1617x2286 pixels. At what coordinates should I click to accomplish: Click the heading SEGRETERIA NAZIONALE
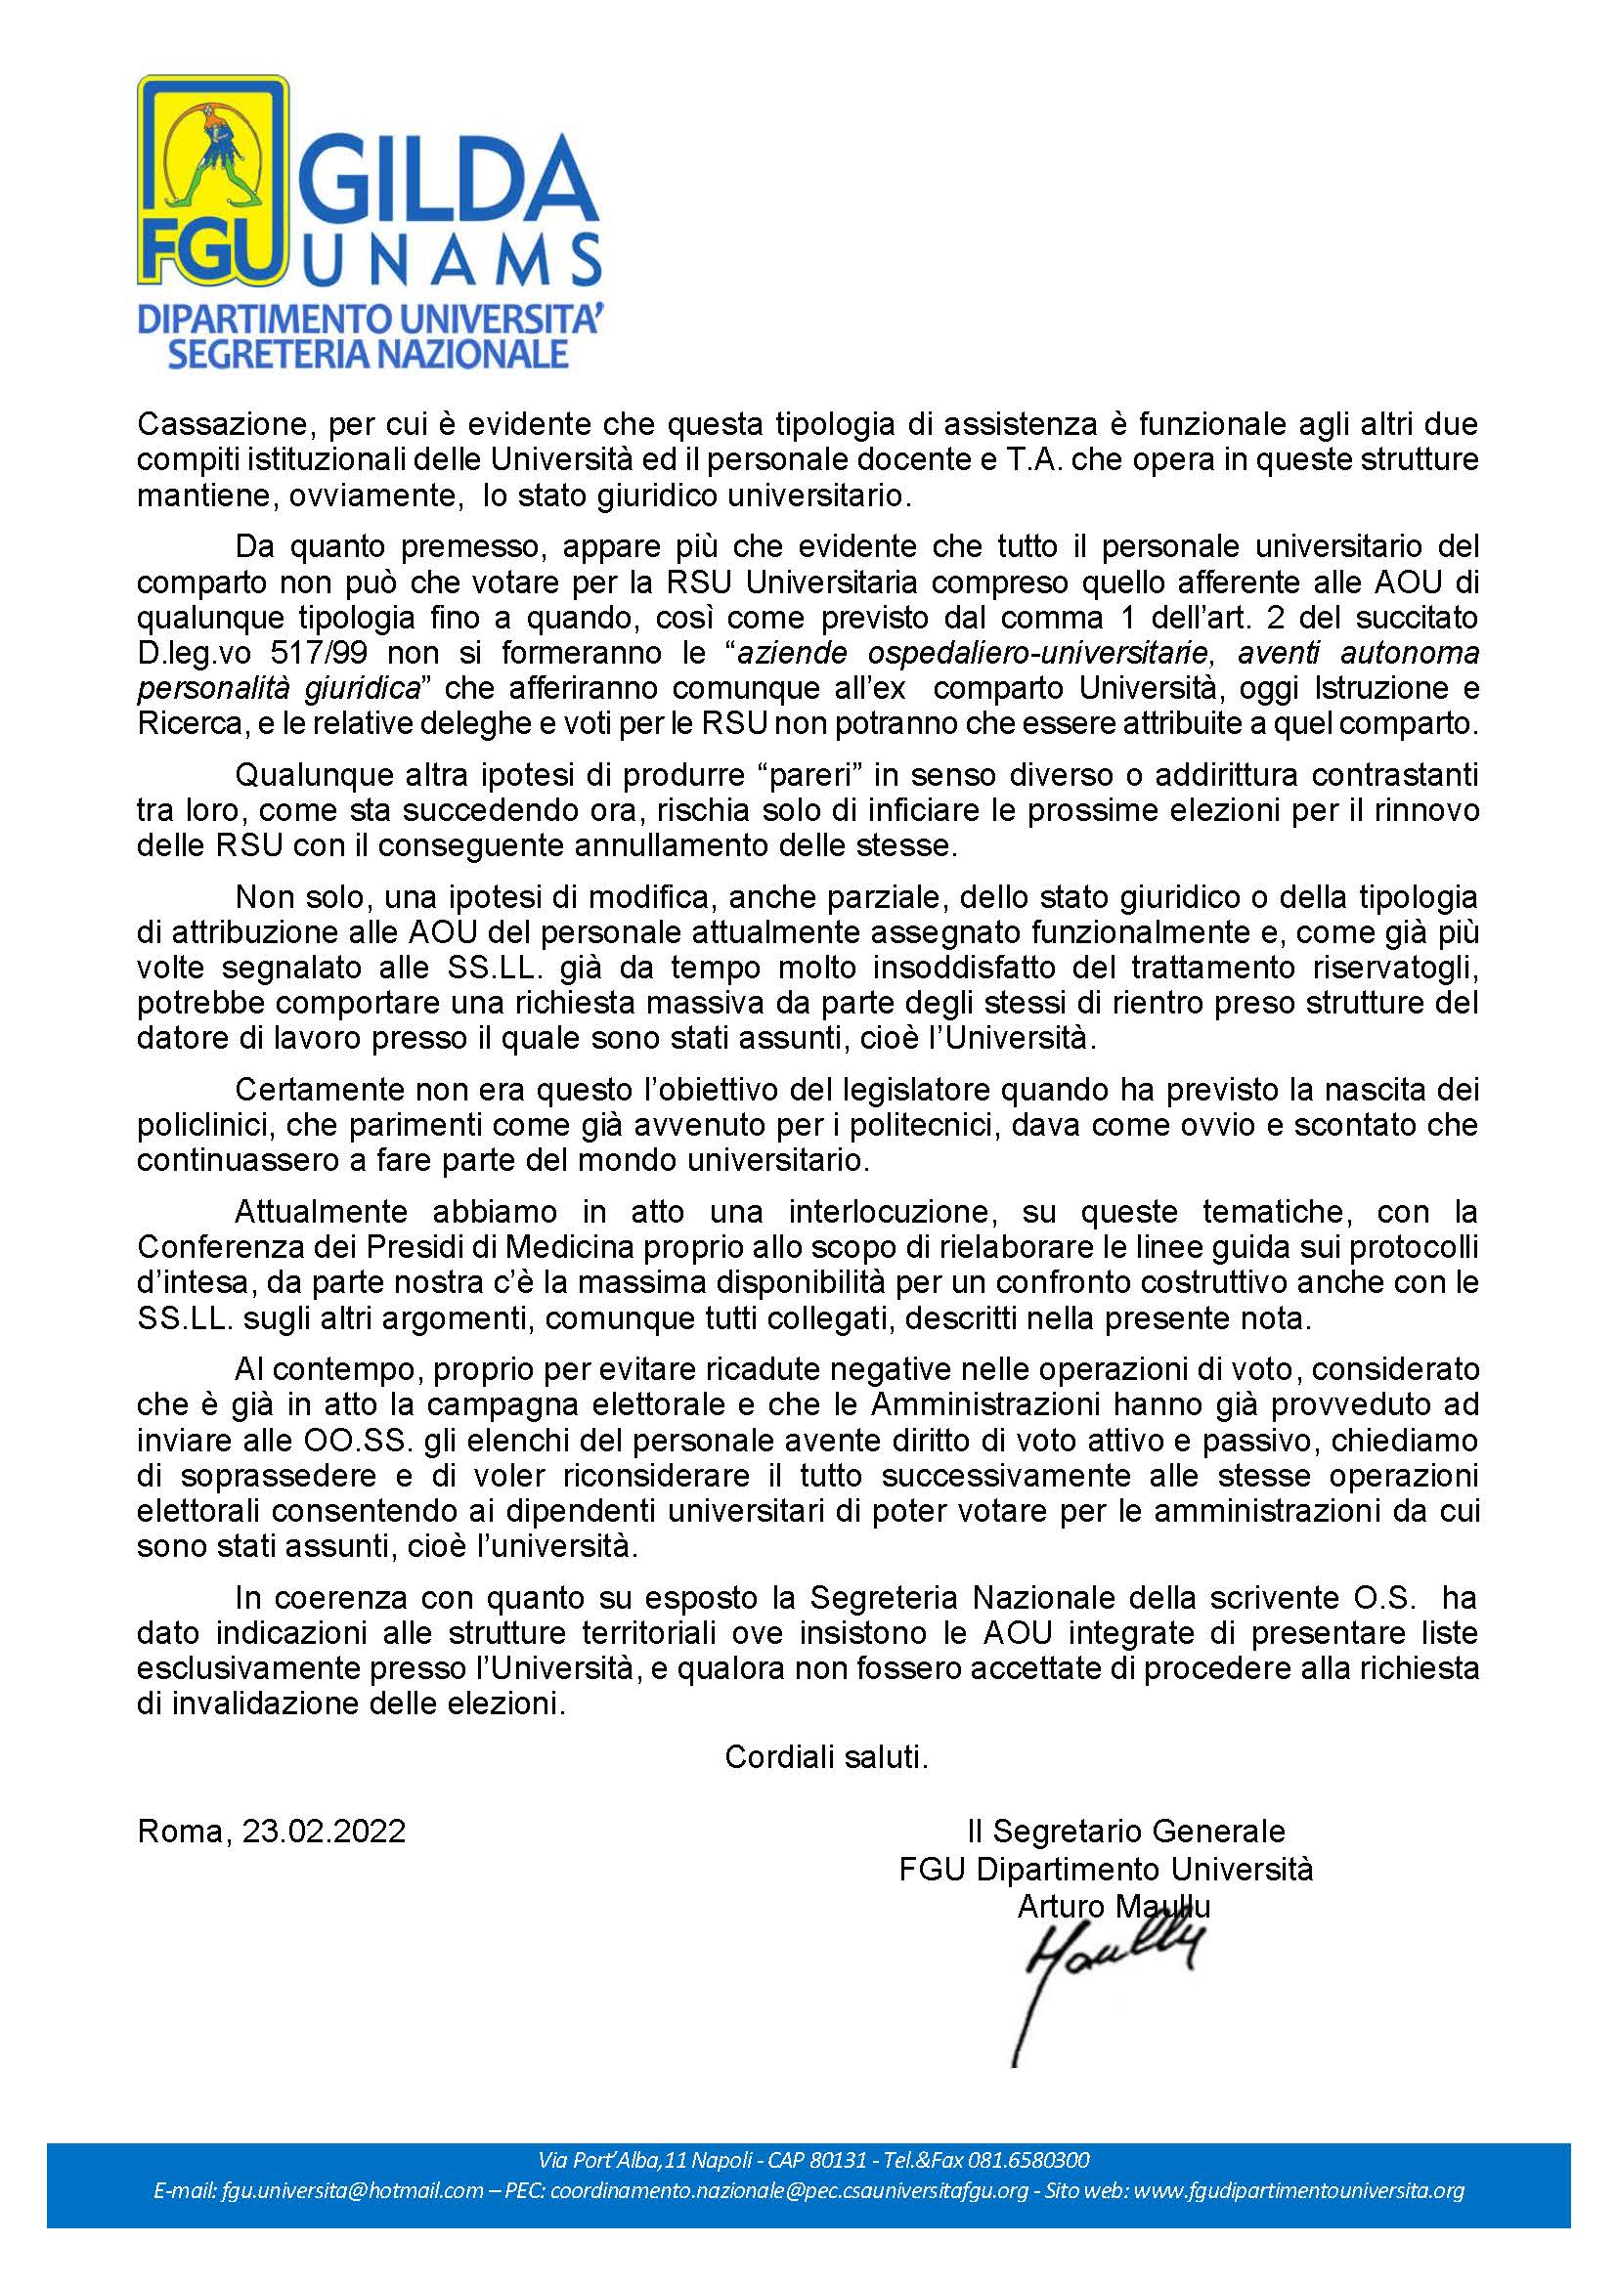coord(368,354)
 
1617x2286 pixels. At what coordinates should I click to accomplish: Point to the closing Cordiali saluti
coord(826,1757)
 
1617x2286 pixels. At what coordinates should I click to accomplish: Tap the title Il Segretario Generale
coord(1125,1831)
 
